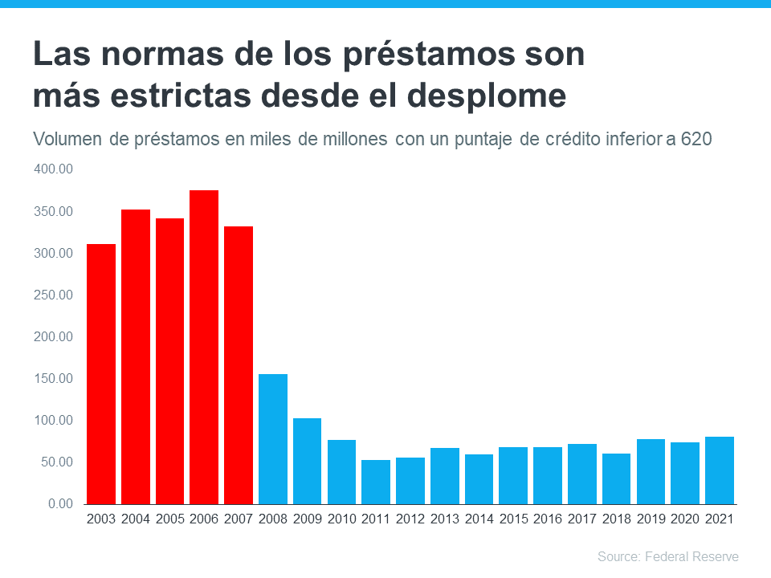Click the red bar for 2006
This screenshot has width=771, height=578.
point(204,347)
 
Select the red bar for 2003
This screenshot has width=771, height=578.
point(101,374)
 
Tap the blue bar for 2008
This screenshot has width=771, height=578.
point(273,439)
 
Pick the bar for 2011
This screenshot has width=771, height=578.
point(376,482)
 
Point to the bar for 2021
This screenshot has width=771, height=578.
point(720,470)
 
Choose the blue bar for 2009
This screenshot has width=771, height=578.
point(307,461)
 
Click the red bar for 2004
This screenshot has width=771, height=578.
point(136,356)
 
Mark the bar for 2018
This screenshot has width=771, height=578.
point(616,478)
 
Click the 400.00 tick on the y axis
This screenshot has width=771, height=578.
point(54,169)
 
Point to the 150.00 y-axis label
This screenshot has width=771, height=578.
point(54,378)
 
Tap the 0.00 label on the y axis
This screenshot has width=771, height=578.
point(59,503)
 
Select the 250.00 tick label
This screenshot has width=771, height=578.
point(54,295)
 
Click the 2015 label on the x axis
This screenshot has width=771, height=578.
point(513,519)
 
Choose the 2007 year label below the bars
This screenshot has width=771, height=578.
point(239,519)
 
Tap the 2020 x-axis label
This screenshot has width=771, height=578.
point(685,519)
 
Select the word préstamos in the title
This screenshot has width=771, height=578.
point(408,55)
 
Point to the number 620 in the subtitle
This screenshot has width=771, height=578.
point(696,140)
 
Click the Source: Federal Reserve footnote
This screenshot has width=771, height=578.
point(667,556)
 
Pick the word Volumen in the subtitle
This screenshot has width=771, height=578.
point(68,140)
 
